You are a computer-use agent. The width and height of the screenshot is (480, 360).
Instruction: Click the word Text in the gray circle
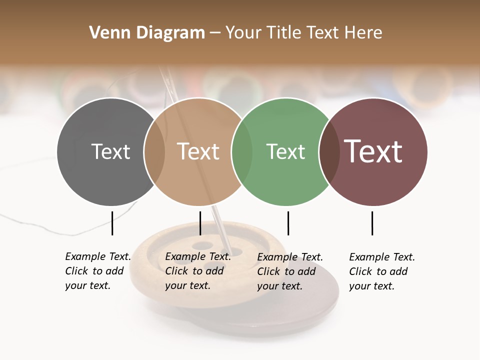pos(110,151)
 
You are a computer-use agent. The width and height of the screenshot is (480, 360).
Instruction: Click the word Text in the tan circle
pos(198,151)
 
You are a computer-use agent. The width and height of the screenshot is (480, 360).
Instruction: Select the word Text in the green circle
pos(285,151)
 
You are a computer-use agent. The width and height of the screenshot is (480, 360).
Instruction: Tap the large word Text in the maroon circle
pos(373,151)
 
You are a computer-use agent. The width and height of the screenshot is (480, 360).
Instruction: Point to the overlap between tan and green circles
pos(242,151)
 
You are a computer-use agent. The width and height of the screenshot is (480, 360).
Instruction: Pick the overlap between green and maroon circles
pos(329,151)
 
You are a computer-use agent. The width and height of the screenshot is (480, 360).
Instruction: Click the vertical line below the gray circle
pos(112,223)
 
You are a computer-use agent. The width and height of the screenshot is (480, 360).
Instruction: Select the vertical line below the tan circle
pos(200,223)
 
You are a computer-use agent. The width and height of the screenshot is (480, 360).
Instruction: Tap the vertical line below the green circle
pos(288,223)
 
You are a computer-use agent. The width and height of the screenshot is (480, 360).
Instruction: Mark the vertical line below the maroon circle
pos(372,223)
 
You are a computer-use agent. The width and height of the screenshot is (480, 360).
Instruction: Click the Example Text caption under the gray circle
pos(97,271)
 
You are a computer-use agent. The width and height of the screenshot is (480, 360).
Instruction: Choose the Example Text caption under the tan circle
pos(197,271)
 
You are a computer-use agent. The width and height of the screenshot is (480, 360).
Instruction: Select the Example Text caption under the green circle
pos(289,271)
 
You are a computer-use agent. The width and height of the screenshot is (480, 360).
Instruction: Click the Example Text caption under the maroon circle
pos(381,271)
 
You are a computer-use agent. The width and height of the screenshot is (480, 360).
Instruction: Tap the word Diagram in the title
pos(170,33)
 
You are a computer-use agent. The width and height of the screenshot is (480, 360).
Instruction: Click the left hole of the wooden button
pos(182,258)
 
